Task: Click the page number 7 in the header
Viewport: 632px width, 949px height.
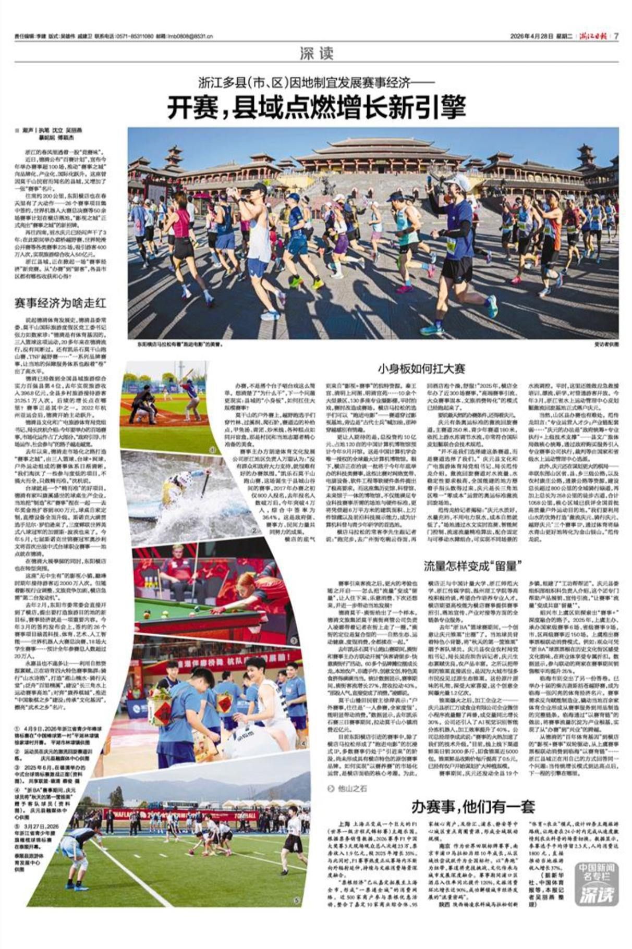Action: tap(616, 36)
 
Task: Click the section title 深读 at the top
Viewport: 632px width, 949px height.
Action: tap(316, 53)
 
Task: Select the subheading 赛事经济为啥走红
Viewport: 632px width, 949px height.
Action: tap(60, 303)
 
